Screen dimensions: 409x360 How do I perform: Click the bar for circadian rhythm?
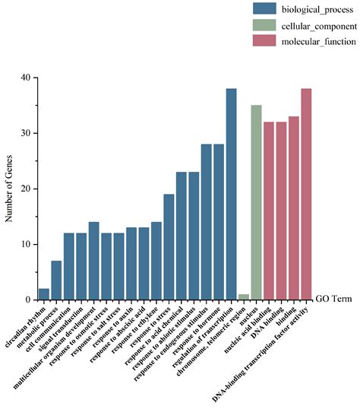44,294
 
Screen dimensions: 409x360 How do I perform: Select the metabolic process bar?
56,281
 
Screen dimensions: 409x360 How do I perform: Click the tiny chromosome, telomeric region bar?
244,297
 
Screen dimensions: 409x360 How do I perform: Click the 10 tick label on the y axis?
26,244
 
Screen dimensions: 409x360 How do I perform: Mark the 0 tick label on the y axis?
28,300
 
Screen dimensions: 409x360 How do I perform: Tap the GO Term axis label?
334,300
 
